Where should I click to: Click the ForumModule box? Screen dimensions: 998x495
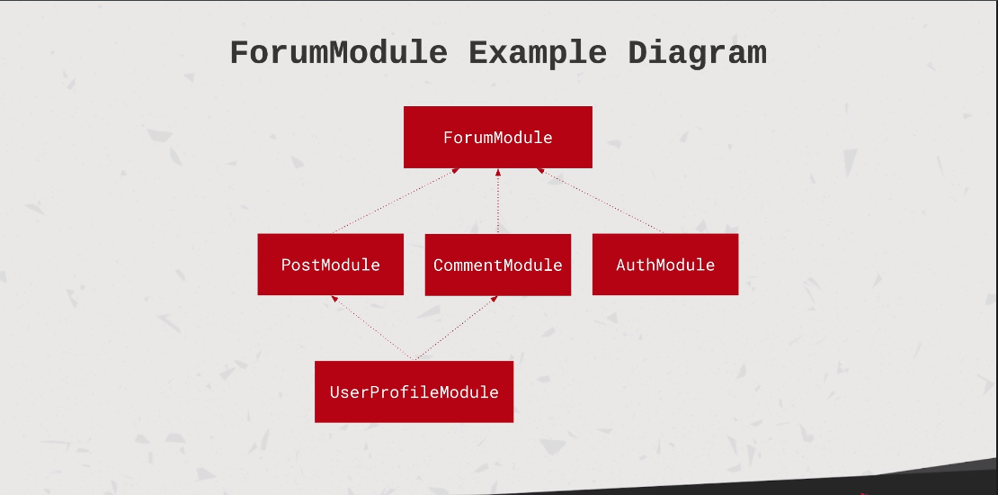coord(498,137)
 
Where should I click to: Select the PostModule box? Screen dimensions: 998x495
coord(330,265)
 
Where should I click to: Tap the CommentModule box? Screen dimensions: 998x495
coord(498,265)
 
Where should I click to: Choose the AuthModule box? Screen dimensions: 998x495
coord(665,265)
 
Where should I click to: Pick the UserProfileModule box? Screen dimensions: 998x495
coord(414,391)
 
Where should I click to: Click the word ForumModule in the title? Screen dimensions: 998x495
coord(339,53)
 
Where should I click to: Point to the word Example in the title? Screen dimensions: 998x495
coord(538,54)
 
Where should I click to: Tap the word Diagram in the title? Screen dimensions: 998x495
coord(697,54)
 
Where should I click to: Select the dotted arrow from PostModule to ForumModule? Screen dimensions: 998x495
coord(395,201)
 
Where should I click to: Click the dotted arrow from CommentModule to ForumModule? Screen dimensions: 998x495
coord(498,202)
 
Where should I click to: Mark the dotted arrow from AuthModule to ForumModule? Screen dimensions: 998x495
coord(601,201)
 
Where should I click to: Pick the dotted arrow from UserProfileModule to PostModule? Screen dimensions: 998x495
coord(373,328)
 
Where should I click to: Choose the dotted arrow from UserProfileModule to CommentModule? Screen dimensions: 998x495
coord(456,328)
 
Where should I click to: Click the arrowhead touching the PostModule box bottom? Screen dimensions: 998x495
coord(334,298)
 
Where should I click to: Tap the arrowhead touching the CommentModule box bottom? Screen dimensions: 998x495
coord(495,298)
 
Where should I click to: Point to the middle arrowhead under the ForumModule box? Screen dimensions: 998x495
coord(498,172)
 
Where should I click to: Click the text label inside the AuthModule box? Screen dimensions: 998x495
coord(665,265)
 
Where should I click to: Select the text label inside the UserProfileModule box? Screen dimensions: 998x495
coord(414,392)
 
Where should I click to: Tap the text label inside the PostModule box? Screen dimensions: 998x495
coord(330,265)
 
